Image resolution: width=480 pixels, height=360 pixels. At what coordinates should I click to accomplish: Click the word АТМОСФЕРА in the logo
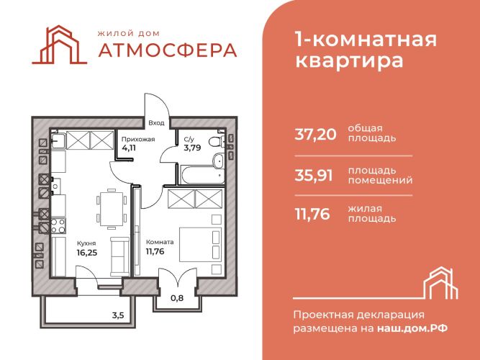[168, 50]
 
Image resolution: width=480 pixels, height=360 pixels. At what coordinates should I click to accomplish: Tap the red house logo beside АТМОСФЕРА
[60, 45]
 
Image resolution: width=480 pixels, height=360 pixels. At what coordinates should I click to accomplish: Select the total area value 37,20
[315, 134]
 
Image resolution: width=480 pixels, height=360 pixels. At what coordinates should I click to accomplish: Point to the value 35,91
[314, 176]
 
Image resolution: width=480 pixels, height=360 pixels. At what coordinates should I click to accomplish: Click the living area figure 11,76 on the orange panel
[312, 214]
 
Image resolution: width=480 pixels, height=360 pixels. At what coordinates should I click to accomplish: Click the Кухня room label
[86, 243]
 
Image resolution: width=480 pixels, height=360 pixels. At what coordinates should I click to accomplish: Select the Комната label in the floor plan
[160, 242]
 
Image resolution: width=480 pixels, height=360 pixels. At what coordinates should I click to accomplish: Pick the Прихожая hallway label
[138, 140]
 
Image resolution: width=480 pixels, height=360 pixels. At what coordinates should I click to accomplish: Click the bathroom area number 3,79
[192, 148]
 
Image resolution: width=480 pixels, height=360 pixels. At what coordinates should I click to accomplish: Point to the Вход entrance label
[156, 123]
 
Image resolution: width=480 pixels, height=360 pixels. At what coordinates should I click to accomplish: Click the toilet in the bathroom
[217, 142]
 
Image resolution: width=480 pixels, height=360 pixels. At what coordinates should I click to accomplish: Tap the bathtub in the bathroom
[201, 175]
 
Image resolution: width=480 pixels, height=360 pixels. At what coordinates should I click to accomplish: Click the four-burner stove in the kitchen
[58, 226]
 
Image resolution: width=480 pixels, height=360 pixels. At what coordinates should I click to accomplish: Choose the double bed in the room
[200, 244]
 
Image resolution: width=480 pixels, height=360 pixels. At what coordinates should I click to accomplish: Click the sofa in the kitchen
[119, 256]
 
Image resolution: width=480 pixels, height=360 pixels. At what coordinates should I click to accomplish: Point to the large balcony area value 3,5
[118, 315]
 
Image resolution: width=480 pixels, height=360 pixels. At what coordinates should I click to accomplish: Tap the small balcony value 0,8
[177, 297]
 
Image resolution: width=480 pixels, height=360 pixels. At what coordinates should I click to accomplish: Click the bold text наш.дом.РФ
[412, 328]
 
